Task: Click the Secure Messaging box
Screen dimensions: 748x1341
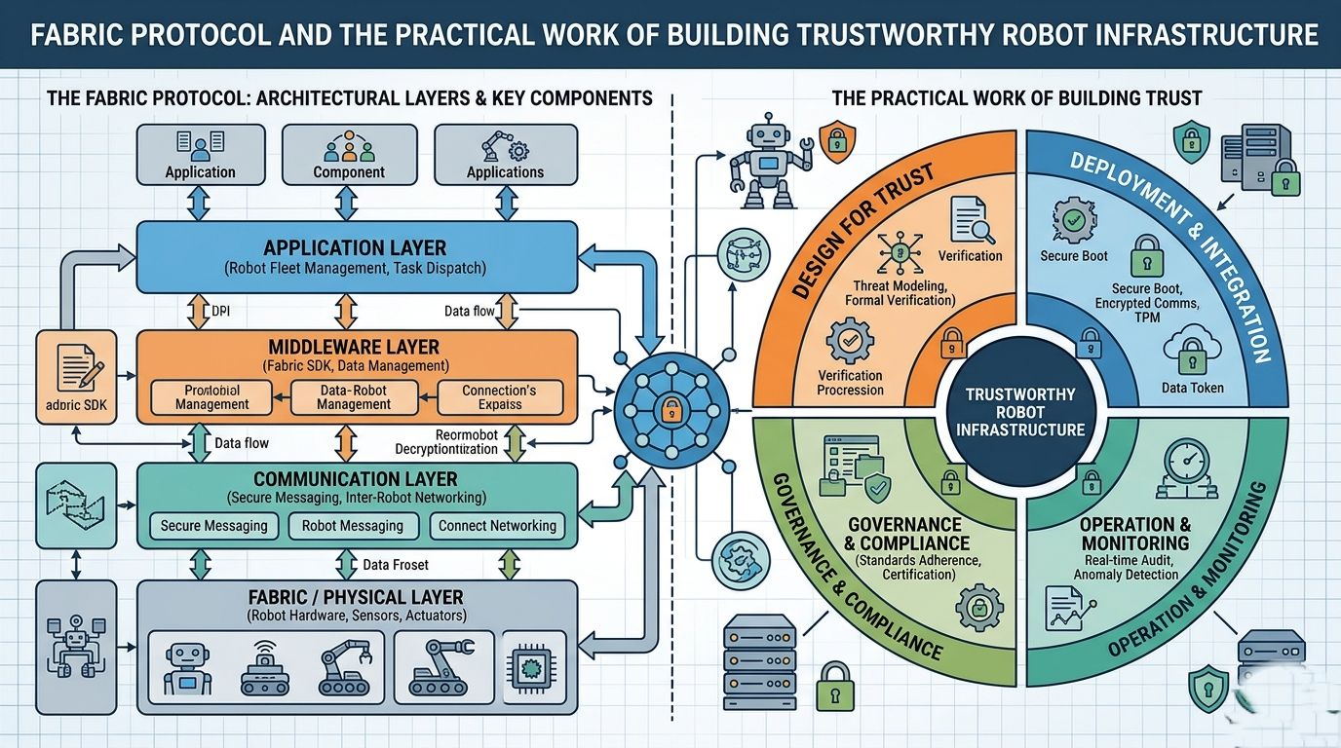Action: click(214, 526)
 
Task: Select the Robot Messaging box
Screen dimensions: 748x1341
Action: click(353, 526)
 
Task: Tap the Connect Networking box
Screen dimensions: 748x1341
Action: click(497, 526)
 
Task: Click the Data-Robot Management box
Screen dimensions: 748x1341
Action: click(354, 396)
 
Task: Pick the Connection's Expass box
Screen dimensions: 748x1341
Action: click(499, 396)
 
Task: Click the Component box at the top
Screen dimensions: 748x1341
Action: click(349, 154)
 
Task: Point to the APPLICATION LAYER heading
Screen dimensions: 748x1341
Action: click(355, 247)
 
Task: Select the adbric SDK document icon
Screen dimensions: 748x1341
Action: click(75, 369)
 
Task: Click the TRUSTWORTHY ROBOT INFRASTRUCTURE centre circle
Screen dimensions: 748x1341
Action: click(1020, 411)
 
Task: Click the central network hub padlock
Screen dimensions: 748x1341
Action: click(670, 410)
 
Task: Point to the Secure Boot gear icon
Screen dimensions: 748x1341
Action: click(1073, 220)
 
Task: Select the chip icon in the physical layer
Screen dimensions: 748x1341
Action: click(532, 666)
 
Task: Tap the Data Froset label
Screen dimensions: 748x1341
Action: click(395, 565)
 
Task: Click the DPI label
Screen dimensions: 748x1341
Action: click(223, 312)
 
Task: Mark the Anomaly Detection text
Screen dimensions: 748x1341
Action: click(1126, 575)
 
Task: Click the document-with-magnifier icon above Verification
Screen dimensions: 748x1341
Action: click(971, 220)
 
